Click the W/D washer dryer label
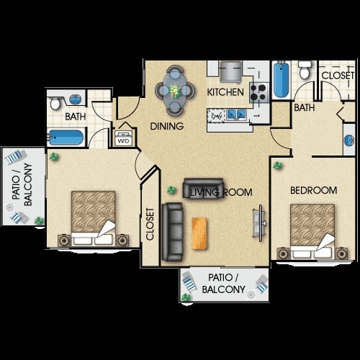pos(123,141)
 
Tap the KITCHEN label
pos(225,92)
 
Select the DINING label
pos(167,126)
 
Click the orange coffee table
pos(199,233)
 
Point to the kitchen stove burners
pos(258,92)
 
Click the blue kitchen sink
pos(237,114)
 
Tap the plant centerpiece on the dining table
pos(175,91)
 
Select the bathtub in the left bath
pos(66,138)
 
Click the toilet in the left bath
pos(55,104)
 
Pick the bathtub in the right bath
pos(282,79)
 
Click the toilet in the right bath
pos(305,70)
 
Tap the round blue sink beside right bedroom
pos(349,140)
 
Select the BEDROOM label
pos(313,191)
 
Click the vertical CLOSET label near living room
pos(150,224)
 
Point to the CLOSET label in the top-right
pos(338,76)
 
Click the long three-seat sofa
pos(172,232)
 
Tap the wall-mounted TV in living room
pos(259,223)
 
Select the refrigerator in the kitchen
pos(231,71)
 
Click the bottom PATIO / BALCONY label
pos(223,284)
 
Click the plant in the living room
pos(171,191)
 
